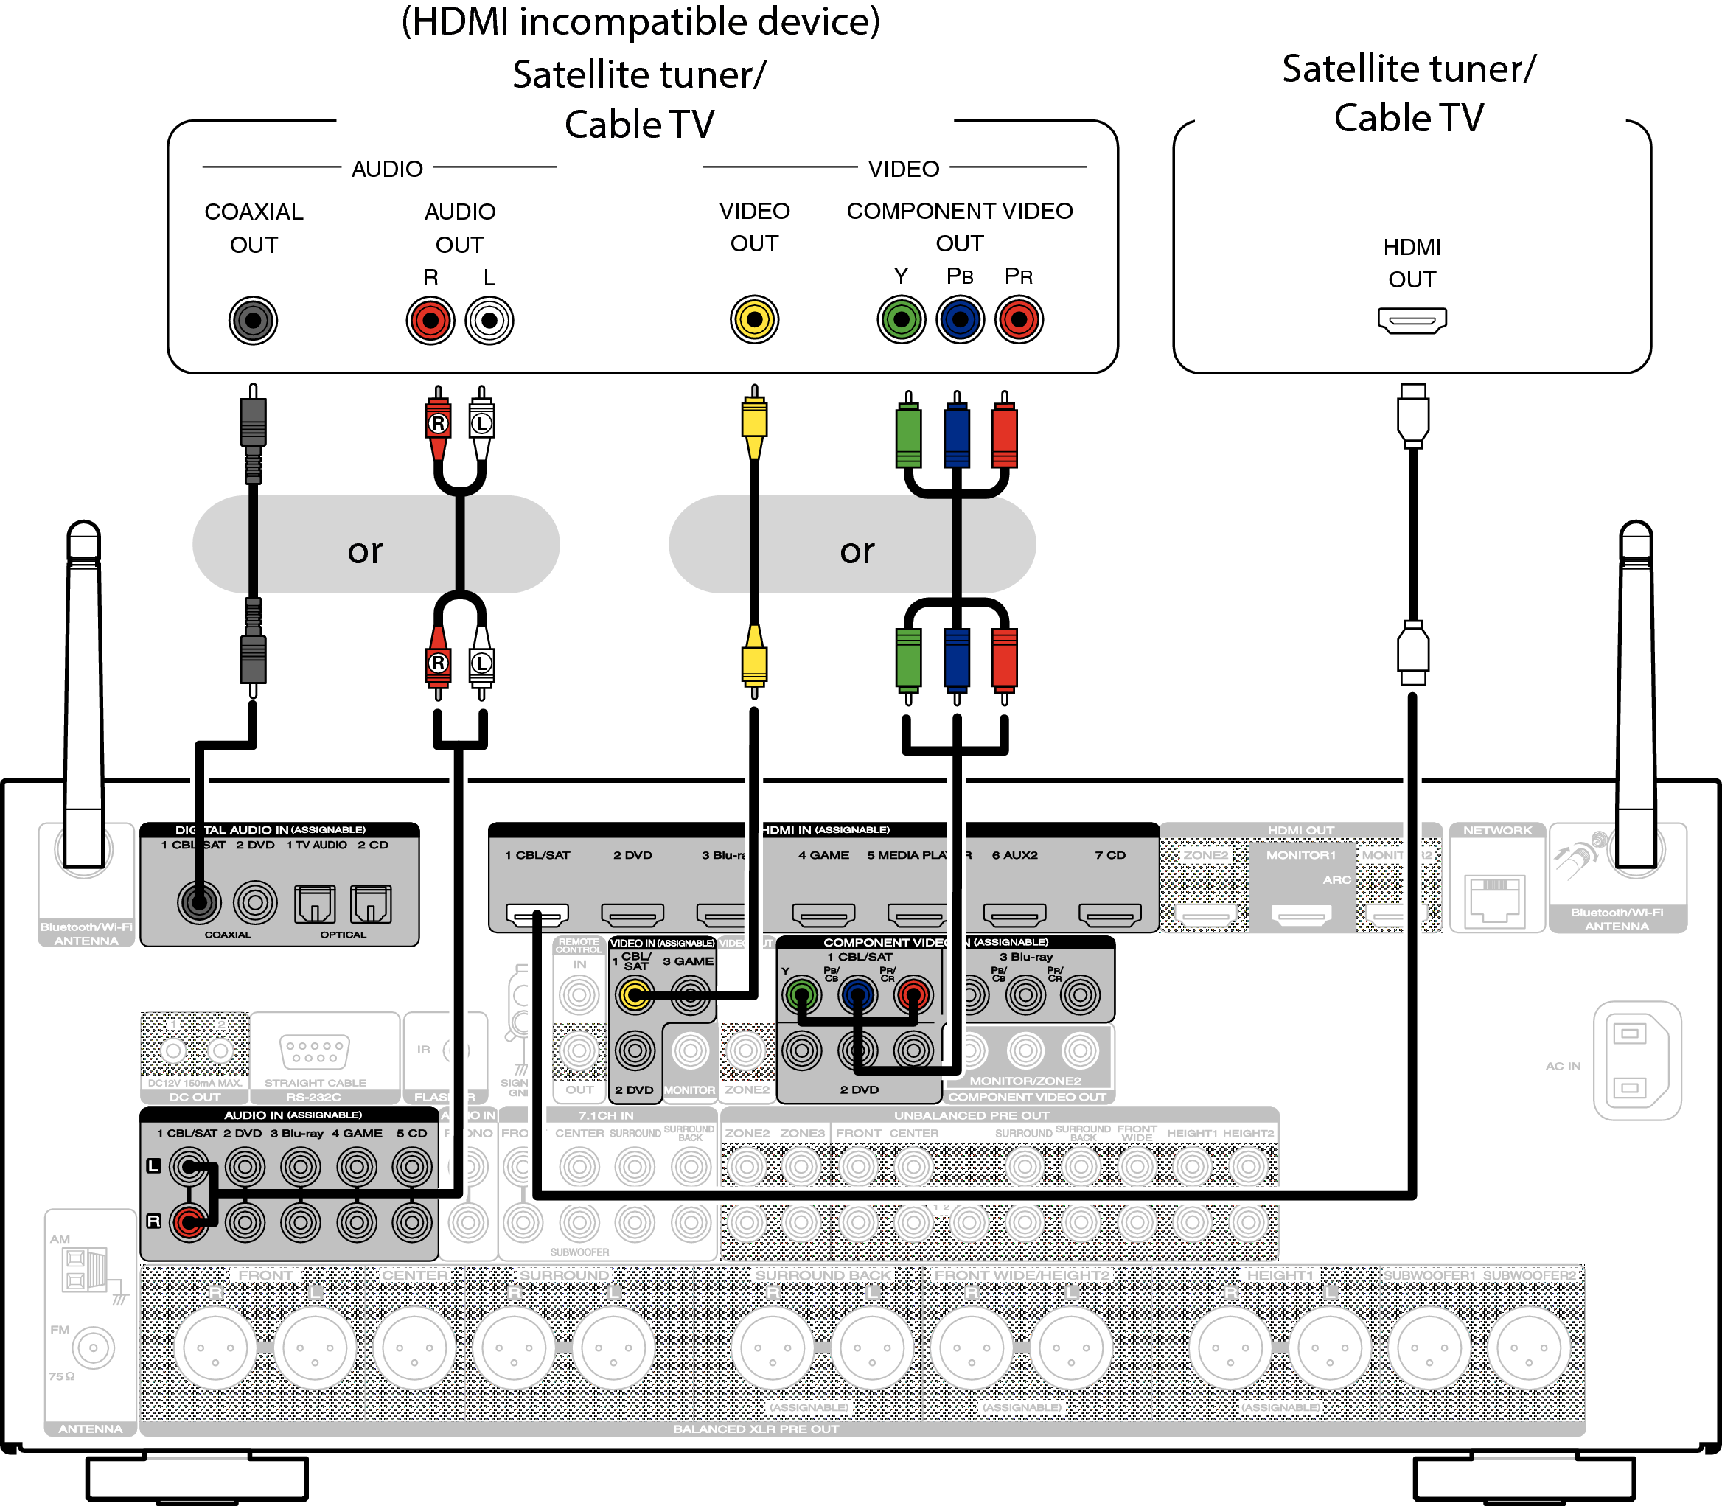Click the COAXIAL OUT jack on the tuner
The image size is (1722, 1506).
point(253,320)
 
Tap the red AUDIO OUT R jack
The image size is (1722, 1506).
point(430,320)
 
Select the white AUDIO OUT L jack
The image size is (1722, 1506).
point(489,320)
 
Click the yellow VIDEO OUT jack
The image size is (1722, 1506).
point(754,319)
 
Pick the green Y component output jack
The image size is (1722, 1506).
point(901,319)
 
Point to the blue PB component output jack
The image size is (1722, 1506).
point(960,319)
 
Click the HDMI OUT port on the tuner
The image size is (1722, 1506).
point(1412,320)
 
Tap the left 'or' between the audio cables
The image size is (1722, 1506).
point(365,551)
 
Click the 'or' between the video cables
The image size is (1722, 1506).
point(857,551)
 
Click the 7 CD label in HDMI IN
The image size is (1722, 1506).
point(1109,854)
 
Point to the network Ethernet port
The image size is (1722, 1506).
point(1495,899)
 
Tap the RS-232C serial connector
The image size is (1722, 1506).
point(314,1051)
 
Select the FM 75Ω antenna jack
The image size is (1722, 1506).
point(92,1348)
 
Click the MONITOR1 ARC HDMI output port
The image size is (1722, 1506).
point(1301,913)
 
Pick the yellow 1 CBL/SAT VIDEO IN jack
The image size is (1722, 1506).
point(635,996)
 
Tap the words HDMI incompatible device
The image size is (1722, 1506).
point(641,22)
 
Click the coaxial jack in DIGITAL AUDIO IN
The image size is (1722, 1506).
point(199,902)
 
